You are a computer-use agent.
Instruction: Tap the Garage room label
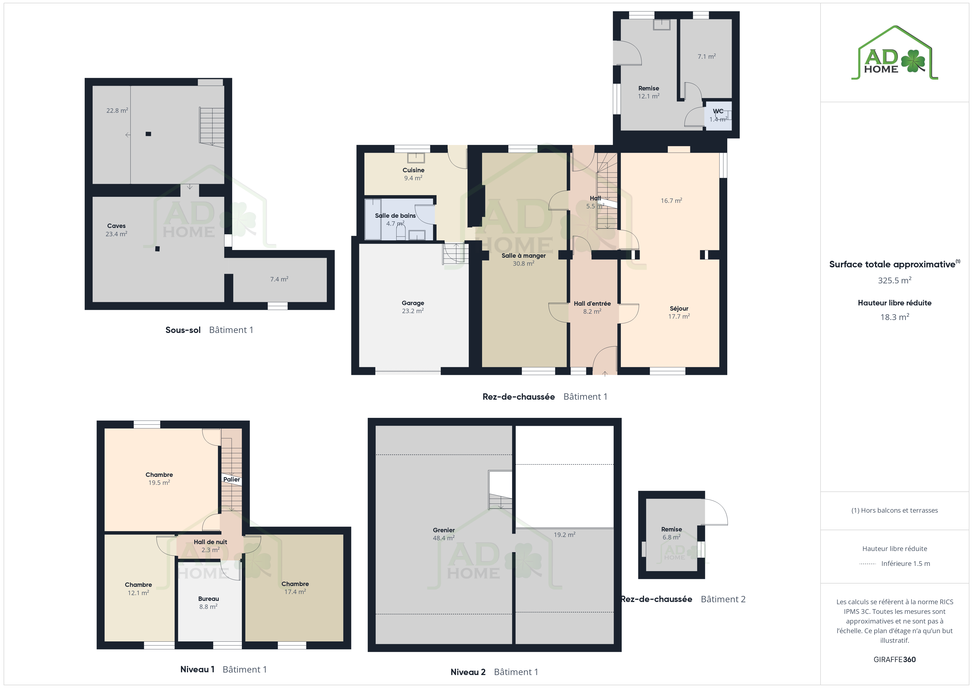413,303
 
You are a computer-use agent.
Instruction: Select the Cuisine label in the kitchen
413,170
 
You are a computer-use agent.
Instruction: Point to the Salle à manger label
523,256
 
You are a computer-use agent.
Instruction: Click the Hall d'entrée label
592,303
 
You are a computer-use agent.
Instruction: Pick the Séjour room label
679,308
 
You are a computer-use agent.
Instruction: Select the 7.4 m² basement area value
279,279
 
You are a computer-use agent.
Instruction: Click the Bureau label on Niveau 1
209,599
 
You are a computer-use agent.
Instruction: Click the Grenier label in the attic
444,530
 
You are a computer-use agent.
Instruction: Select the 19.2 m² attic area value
565,535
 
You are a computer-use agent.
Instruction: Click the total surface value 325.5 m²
895,280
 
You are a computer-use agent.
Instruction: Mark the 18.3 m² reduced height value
895,317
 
